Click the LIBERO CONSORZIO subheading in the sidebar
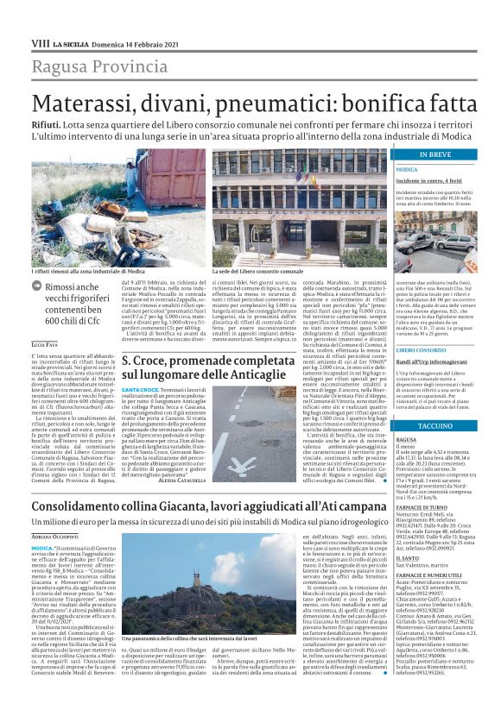pyautogui.click(x=421, y=349)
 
